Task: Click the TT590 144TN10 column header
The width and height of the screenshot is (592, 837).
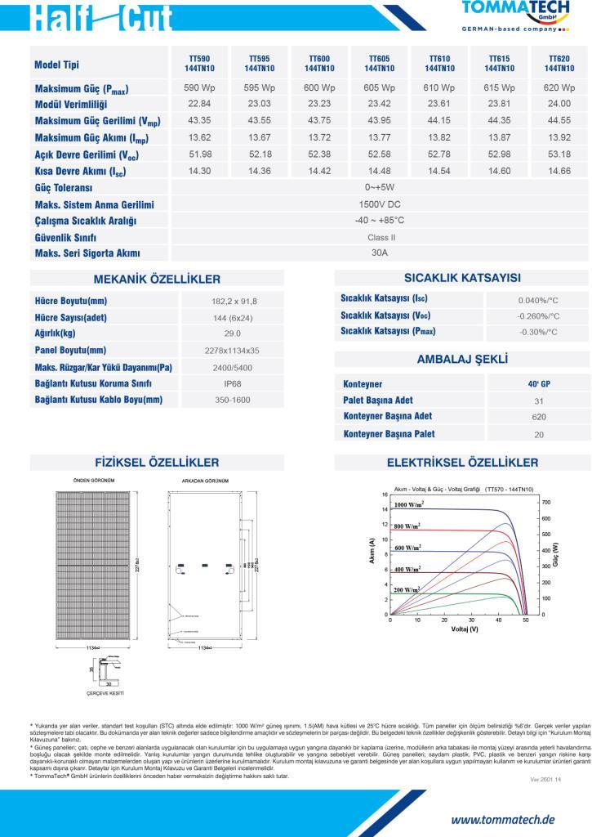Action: (x=199, y=64)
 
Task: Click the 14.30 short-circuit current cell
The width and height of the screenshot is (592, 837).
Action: (x=199, y=171)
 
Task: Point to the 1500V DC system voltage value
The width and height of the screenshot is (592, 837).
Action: (x=380, y=204)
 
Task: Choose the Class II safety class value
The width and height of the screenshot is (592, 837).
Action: (x=380, y=237)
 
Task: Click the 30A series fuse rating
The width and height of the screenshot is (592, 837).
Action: (x=380, y=253)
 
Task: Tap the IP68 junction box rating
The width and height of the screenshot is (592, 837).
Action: (x=233, y=383)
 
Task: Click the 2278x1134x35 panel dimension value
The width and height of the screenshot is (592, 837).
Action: (x=233, y=350)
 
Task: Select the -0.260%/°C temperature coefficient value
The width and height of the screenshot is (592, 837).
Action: (x=538, y=316)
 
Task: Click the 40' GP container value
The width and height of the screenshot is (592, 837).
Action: (x=538, y=383)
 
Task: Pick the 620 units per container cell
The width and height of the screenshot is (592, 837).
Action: (x=538, y=417)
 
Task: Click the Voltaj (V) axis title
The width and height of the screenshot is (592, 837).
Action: (x=465, y=629)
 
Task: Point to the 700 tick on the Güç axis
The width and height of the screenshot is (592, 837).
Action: (x=547, y=502)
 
